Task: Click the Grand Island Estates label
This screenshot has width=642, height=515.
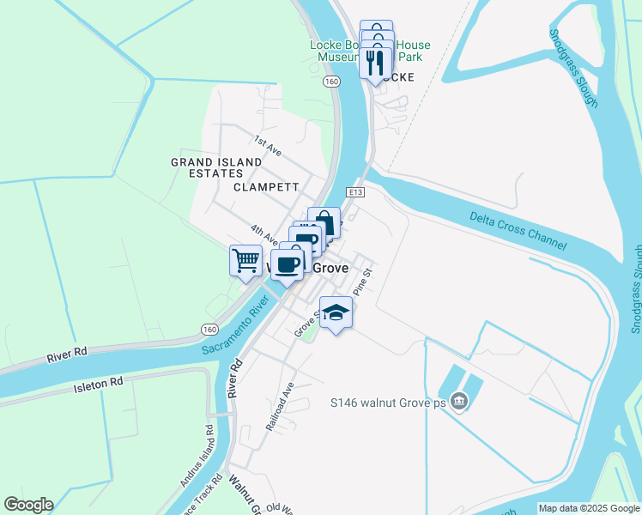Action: coord(216,167)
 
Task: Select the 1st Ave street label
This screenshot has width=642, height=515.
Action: coord(267,144)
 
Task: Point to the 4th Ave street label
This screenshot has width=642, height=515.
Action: coord(263,233)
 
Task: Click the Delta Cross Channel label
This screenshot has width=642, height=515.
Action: coord(518,231)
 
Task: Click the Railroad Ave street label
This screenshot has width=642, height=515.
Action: coord(279,407)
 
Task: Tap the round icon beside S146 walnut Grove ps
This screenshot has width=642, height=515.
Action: coord(460,401)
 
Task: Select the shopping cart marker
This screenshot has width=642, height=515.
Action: coord(245,259)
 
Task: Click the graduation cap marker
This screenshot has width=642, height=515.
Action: coord(336,312)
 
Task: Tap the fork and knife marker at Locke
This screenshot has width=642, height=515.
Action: coord(376,63)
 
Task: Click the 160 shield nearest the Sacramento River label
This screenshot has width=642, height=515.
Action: coord(209,329)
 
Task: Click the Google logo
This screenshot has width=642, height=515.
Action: coord(29,504)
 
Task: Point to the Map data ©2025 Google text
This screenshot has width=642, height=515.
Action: coord(588,508)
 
